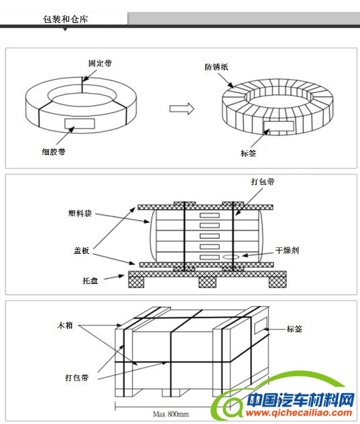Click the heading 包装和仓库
click(x=66, y=19)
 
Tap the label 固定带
click(x=100, y=63)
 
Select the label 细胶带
click(x=54, y=151)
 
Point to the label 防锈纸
click(x=217, y=66)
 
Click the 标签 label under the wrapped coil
click(x=248, y=153)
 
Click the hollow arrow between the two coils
click(x=182, y=109)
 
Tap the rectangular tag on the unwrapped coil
click(x=80, y=123)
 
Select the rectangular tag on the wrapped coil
click(x=279, y=127)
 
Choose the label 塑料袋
click(x=80, y=214)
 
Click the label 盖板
click(x=82, y=251)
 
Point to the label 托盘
click(x=90, y=281)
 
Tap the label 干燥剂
click(x=287, y=250)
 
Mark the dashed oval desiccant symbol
click(x=231, y=257)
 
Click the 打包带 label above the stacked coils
click(x=263, y=181)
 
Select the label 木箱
click(x=65, y=325)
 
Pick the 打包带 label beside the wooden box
click(x=76, y=378)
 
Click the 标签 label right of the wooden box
click(x=294, y=329)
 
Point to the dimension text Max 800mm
click(x=171, y=414)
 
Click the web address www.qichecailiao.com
click(x=298, y=413)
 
